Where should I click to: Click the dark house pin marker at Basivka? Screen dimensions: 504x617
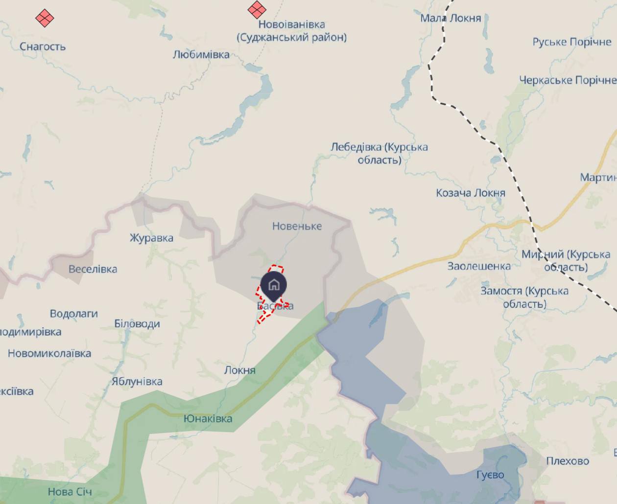coord(274,285)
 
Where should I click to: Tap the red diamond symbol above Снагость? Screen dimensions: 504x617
coord(45,18)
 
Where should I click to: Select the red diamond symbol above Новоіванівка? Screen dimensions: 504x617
coord(257,9)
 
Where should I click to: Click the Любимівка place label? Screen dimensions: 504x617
coord(201,54)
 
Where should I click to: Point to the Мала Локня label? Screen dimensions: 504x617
coord(451,18)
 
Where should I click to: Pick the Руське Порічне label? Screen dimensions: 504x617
coord(571,42)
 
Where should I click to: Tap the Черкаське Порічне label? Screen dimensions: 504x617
coord(568,80)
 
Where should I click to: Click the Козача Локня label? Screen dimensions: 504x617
coord(470,193)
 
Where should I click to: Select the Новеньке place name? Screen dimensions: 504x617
coord(297,226)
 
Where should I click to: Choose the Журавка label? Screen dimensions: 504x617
coord(151,238)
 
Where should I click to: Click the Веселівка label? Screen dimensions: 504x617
coord(93,269)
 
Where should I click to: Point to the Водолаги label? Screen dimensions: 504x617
coord(73,314)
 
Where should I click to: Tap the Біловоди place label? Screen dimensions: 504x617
coord(137,324)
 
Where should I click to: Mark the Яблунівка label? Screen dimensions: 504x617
coord(137,382)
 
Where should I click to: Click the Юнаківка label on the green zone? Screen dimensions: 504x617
coord(208,419)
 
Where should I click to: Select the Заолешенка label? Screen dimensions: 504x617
coord(479,266)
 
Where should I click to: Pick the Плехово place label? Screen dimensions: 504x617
coord(568,461)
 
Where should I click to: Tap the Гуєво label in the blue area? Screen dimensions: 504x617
coord(490,475)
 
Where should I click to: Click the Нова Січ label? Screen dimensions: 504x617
coord(70,492)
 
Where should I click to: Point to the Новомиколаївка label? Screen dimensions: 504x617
coord(49,353)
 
